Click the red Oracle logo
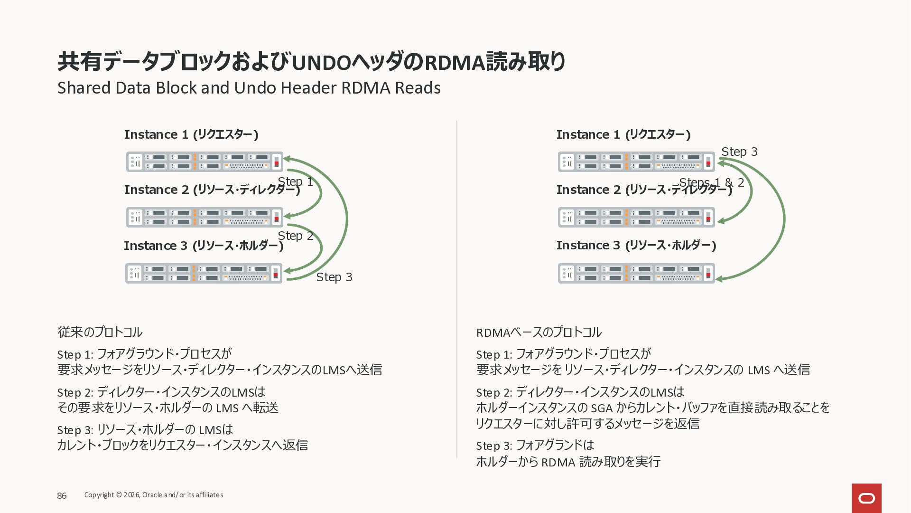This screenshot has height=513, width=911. pos(866,498)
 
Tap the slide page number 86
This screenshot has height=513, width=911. pos(62,495)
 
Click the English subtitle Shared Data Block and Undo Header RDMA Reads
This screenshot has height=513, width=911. pos(249,88)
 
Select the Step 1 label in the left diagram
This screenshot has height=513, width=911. pos(295,181)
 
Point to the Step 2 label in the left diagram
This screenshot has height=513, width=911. pos(295,236)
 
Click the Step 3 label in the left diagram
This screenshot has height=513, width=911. pos(334,277)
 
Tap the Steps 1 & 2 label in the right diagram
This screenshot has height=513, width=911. pos(711,182)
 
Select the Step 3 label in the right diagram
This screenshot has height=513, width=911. pos(739,152)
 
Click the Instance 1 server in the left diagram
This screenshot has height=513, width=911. pos(205,161)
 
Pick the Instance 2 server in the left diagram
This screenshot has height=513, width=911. pos(205,217)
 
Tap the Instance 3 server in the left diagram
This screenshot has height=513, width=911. pos(204,273)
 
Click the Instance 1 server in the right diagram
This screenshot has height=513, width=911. pos(636,161)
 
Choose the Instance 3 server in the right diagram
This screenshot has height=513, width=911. pos(636,273)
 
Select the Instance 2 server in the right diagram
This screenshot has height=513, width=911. pos(636,217)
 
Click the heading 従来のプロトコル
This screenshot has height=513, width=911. pos(100,332)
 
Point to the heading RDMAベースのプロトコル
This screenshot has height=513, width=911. pos(539,332)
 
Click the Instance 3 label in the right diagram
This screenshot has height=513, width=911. pos(636,245)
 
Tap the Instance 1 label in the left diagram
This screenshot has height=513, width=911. pos(191,135)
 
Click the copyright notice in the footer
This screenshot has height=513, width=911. pos(154,495)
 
